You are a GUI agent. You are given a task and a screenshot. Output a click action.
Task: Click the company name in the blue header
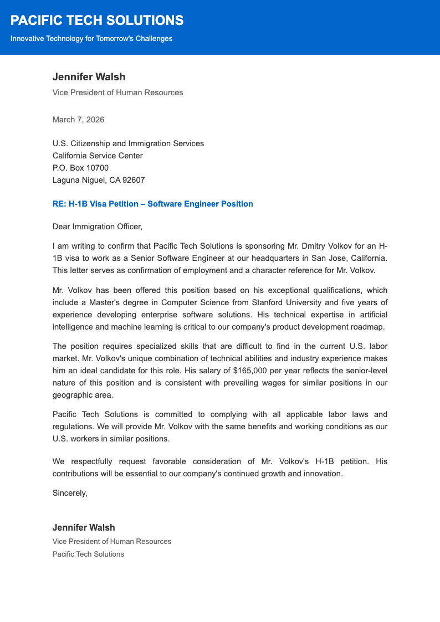pyautogui.click(x=97, y=20)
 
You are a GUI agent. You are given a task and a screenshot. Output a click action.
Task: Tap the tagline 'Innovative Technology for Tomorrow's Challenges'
pyautogui.click(x=91, y=39)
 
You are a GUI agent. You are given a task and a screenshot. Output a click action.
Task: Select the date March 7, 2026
pyautogui.click(x=78, y=120)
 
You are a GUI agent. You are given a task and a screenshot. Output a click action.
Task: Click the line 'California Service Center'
pyautogui.click(x=98, y=156)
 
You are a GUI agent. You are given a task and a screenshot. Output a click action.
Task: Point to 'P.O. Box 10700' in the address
pyautogui.click(x=80, y=168)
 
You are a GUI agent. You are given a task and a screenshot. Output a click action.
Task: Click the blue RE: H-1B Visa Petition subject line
pyautogui.click(x=152, y=204)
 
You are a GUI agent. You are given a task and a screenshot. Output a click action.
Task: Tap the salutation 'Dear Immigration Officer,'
pyautogui.click(x=98, y=226)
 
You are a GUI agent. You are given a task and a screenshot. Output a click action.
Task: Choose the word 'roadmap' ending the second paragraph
pyautogui.click(x=367, y=327)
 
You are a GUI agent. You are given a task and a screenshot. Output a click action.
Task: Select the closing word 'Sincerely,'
pyautogui.click(x=70, y=492)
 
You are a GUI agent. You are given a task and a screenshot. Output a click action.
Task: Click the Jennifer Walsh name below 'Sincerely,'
pyautogui.click(x=84, y=528)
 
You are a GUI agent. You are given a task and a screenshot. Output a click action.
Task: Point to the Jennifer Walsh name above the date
pyautogui.click(x=89, y=77)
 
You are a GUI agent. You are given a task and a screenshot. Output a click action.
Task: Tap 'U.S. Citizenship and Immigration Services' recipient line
pyautogui.click(x=128, y=143)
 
